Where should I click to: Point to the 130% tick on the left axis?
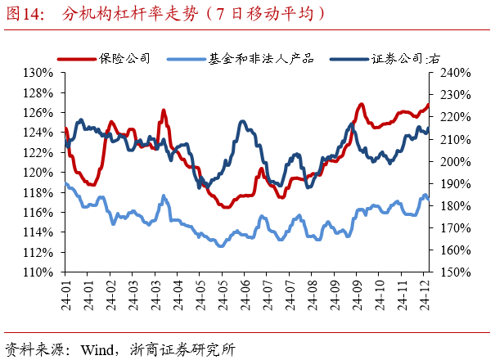point(38,72)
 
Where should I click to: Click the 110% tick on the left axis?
point(38,272)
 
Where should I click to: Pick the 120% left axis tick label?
point(38,173)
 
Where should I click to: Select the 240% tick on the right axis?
point(448,72)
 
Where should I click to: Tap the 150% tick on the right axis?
point(448,272)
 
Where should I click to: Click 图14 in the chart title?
point(25,13)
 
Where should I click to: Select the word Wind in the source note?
point(97,348)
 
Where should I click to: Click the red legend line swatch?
point(76,59)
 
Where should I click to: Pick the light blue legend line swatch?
point(187,59)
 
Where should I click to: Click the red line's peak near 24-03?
point(164,110)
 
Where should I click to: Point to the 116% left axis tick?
point(38,213)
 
